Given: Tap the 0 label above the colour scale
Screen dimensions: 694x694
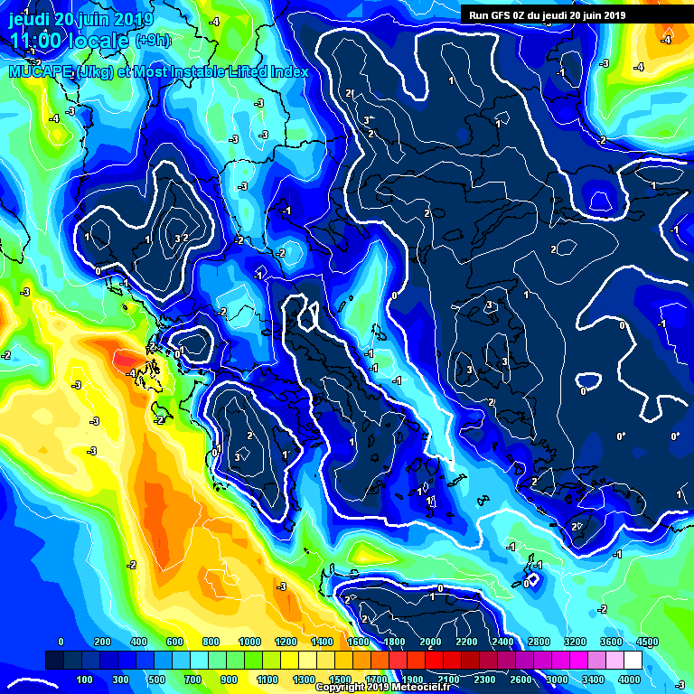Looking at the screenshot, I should click(x=61, y=641).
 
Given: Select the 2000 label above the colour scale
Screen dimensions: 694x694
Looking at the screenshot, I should click(x=430, y=641).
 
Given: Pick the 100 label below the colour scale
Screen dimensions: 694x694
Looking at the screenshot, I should click(x=85, y=679).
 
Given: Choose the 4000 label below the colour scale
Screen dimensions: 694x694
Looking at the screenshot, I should click(x=629, y=679).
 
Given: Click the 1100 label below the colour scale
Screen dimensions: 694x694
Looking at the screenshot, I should click(x=267, y=679).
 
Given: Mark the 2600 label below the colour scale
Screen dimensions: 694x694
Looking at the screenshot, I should click(x=520, y=679).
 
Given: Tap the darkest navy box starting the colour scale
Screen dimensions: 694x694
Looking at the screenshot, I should click(x=54, y=660).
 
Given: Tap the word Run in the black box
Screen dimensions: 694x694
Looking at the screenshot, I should click(x=479, y=14).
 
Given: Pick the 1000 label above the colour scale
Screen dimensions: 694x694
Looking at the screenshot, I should click(x=246, y=641).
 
